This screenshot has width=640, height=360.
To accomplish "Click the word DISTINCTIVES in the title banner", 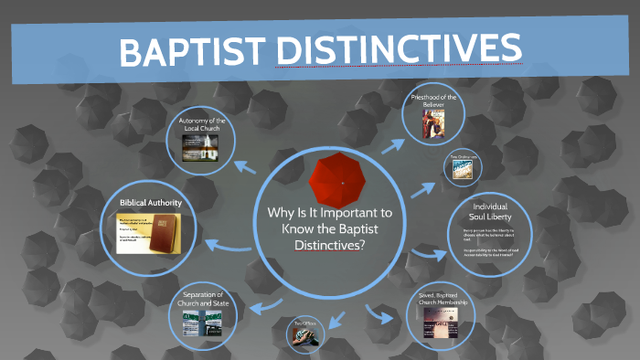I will [x=400, y=50].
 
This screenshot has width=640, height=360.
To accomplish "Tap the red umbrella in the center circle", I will [x=340, y=181].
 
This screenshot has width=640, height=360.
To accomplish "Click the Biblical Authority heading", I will [x=151, y=202].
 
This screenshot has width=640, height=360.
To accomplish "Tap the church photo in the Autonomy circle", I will [x=202, y=149].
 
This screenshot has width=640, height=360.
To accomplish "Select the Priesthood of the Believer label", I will [x=434, y=101].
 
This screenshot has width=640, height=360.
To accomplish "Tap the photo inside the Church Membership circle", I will [x=443, y=320].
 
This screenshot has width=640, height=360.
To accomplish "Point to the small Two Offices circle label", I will [x=304, y=323].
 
